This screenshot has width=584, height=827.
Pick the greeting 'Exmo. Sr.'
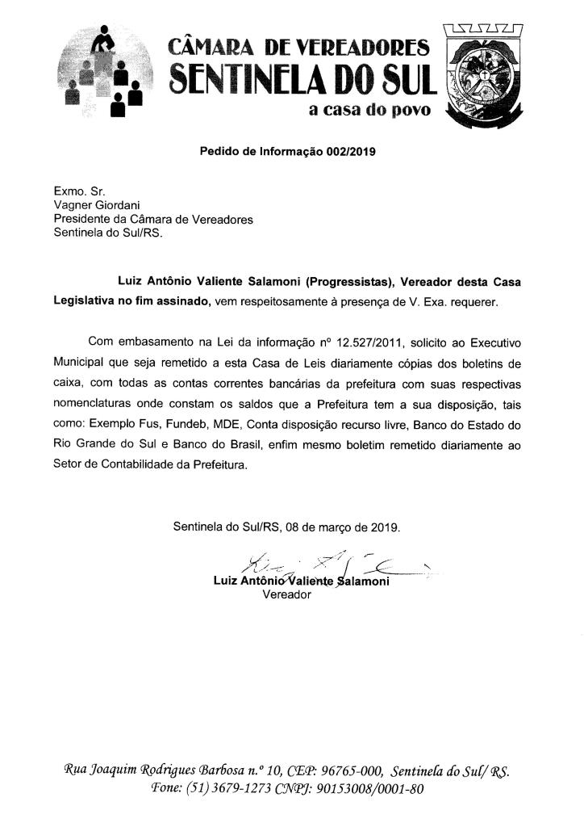point(74,192)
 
